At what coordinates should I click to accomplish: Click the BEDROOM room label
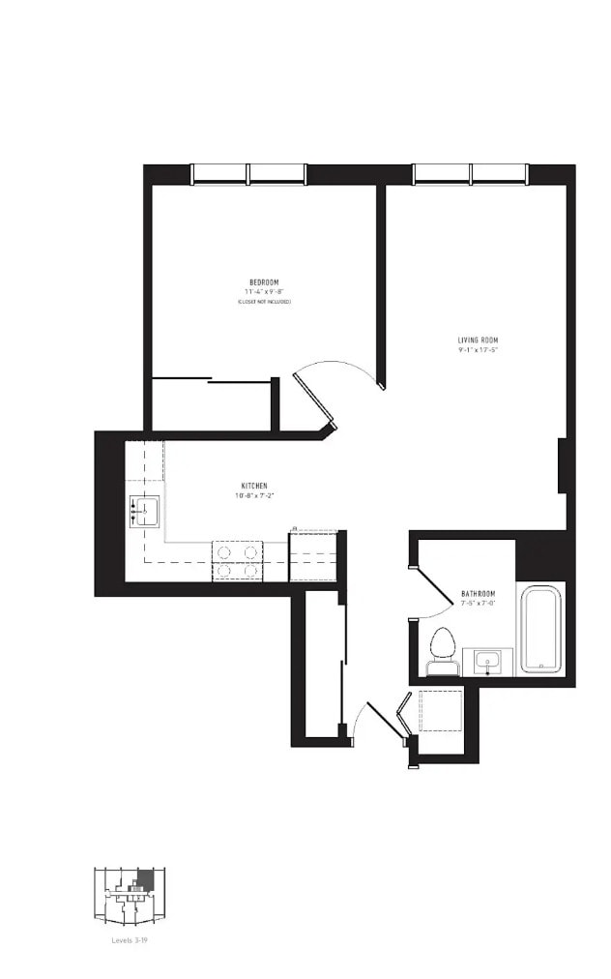pyautogui.click(x=264, y=282)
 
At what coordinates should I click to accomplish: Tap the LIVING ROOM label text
pyautogui.click(x=478, y=340)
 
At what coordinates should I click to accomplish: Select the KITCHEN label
pyautogui.click(x=254, y=486)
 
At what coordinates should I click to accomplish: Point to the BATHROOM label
pyautogui.click(x=478, y=593)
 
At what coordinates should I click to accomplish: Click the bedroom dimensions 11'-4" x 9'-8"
pyautogui.click(x=264, y=291)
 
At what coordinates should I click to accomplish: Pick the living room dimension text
pyautogui.click(x=478, y=350)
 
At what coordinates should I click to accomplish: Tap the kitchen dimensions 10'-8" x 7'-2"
pyautogui.click(x=254, y=495)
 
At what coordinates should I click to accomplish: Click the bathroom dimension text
pyautogui.click(x=478, y=603)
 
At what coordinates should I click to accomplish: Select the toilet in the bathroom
pyautogui.click(x=443, y=650)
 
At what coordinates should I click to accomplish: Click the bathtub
pyautogui.click(x=540, y=628)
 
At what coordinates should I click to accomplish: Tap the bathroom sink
pyautogui.click(x=487, y=662)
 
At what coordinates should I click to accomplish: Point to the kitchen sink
pyautogui.click(x=144, y=511)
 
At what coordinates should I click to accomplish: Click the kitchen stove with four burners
pyautogui.click(x=238, y=561)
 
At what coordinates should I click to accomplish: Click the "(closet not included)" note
pyautogui.click(x=264, y=302)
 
